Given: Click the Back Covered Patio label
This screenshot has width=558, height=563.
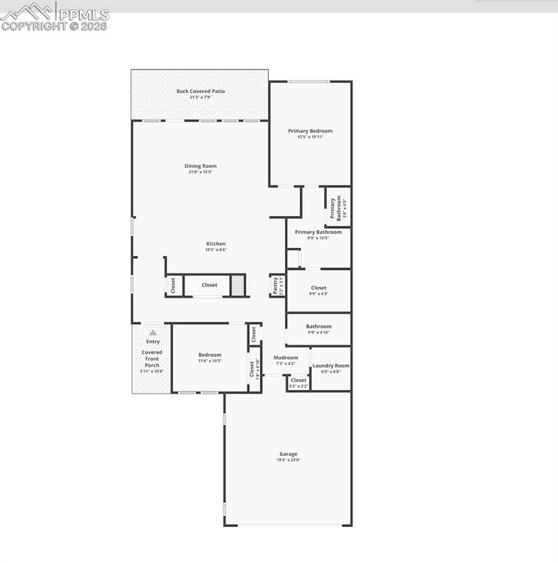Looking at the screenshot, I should click(x=200, y=92).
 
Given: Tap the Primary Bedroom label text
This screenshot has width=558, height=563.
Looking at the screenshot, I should click(x=310, y=131).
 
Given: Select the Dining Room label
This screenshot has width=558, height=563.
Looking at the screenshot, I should click(x=200, y=166).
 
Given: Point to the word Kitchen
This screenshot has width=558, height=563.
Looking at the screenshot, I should click(x=215, y=244).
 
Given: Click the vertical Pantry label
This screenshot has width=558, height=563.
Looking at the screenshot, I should click(x=275, y=285).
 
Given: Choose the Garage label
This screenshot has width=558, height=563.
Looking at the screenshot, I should click(x=288, y=454).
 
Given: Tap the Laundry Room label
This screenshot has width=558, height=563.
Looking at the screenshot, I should click(x=331, y=366).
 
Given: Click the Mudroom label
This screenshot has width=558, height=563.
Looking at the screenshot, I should click(x=286, y=358).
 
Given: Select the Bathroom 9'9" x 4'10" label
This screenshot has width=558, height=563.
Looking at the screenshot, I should click(x=319, y=327).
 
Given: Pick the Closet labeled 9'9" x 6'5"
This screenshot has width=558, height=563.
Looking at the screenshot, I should click(x=319, y=288).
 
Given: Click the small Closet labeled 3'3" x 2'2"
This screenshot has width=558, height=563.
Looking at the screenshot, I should click(x=299, y=380).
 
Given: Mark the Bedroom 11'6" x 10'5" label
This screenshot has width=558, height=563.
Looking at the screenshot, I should click(x=209, y=356).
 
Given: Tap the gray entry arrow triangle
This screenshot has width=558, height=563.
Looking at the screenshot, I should click(x=153, y=332).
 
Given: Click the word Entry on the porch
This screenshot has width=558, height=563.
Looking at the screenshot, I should click(x=153, y=342).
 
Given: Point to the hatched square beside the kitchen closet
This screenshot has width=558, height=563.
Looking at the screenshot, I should click(x=238, y=285).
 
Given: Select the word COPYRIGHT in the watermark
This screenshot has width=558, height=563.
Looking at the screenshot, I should click(x=34, y=26).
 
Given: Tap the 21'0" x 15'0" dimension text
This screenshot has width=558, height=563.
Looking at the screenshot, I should click(x=200, y=172).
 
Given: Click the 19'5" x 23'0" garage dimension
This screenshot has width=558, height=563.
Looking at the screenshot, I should click(x=288, y=460).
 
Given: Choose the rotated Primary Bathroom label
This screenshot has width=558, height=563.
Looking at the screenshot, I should click(x=332, y=208).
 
